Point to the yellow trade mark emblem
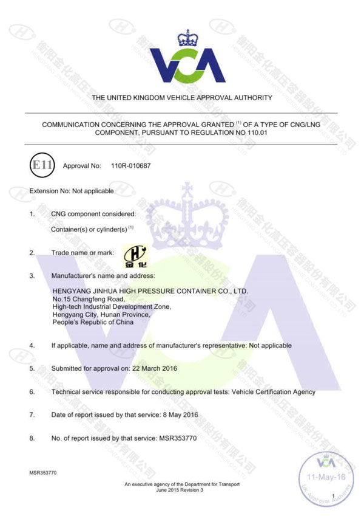(x=135, y=255)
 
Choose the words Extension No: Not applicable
(x=72, y=191)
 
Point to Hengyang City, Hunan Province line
(x=101, y=314)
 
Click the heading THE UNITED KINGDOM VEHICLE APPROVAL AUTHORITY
(x=182, y=97)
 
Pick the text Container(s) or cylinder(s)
(x=91, y=229)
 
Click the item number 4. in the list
(x=32, y=345)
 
